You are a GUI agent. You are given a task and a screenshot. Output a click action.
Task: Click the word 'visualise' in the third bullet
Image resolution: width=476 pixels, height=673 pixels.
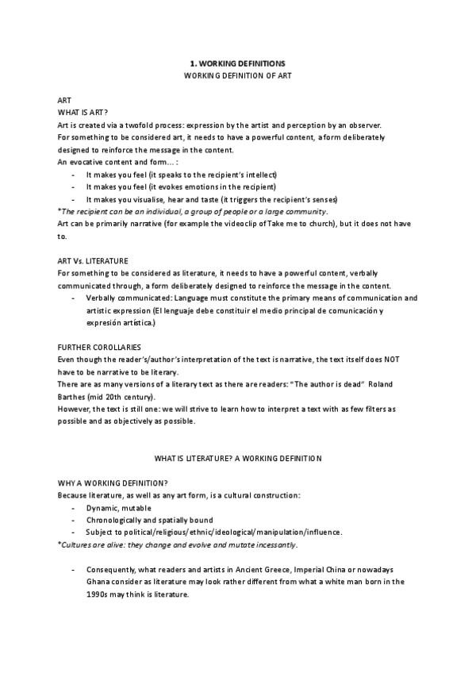[150, 198]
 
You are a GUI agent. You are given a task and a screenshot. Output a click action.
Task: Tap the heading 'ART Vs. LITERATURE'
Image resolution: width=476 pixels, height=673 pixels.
[94, 260]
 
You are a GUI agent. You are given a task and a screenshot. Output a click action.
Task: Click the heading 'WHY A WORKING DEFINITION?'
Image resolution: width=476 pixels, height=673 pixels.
[111, 483]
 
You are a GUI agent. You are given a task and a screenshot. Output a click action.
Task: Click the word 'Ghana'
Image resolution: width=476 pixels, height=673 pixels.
[99, 582]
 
